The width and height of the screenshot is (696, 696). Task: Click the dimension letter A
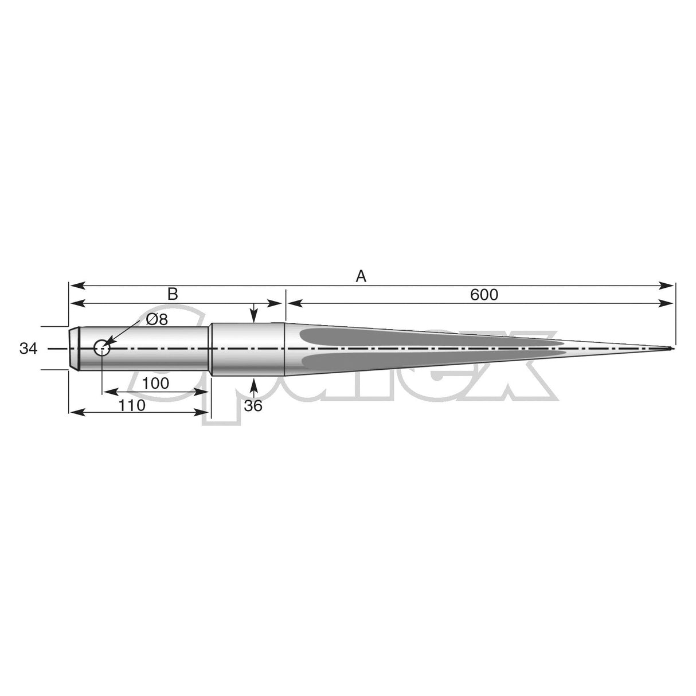click(x=361, y=276)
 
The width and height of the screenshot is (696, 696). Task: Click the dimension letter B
click(x=173, y=294)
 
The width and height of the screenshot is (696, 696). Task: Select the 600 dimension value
click(x=484, y=295)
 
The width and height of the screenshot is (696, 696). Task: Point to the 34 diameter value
click(x=28, y=349)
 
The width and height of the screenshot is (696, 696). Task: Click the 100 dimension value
click(x=155, y=384)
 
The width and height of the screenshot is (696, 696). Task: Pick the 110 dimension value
click(x=132, y=405)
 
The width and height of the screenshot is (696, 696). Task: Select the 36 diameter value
click(x=253, y=405)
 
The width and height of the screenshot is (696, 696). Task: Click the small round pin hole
click(x=102, y=347)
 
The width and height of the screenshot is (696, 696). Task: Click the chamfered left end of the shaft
click(x=73, y=348)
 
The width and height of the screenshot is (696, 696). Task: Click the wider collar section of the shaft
click(x=248, y=349)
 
